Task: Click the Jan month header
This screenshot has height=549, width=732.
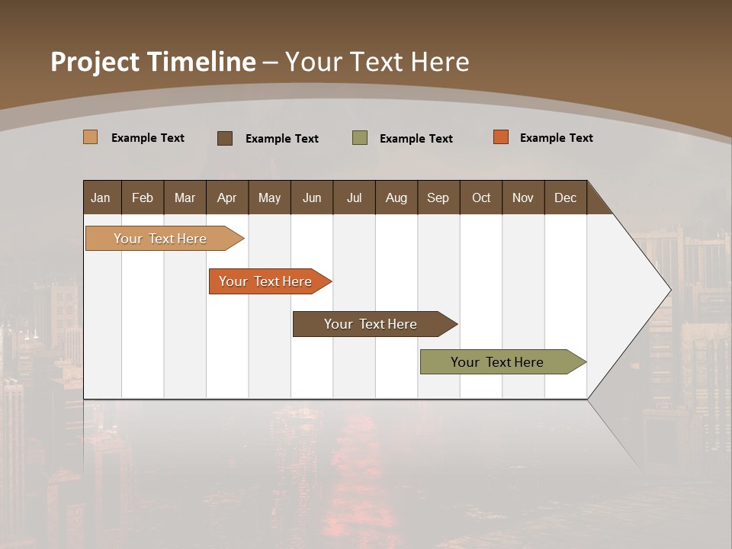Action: [x=101, y=197]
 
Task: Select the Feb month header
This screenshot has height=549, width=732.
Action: [x=143, y=197]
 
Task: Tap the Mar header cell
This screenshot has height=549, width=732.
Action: [x=185, y=197]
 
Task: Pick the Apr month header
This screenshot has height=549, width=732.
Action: [x=226, y=197]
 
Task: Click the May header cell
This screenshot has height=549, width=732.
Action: [x=269, y=197]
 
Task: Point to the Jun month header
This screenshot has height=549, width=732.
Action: [x=312, y=197]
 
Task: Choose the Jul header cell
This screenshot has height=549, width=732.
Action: [x=354, y=197]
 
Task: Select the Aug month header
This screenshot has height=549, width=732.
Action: [x=396, y=197]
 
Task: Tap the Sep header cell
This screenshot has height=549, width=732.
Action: [x=438, y=197]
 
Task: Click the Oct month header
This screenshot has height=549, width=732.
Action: [x=481, y=197]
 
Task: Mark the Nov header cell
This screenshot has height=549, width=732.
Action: [x=523, y=197]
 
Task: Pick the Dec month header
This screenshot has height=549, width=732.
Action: [x=566, y=197]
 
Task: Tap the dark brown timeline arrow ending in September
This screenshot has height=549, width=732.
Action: [x=371, y=324]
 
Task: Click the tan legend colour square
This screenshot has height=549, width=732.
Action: [x=91, y=137]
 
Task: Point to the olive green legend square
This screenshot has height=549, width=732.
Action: [x=360, y=138]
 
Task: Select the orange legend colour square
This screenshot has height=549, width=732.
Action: [x=501, y=137]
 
